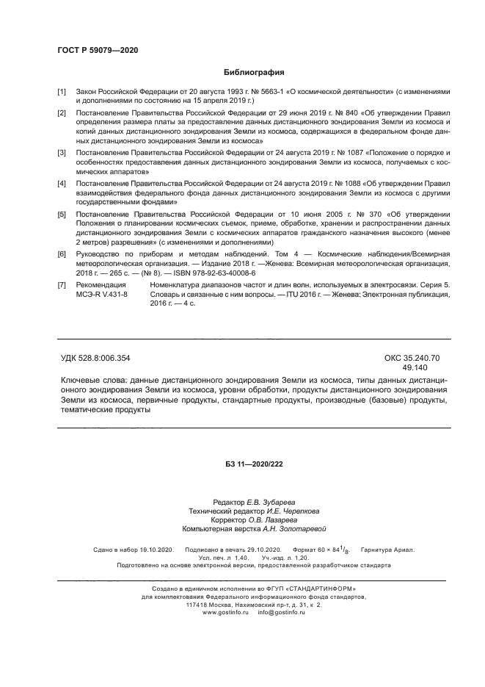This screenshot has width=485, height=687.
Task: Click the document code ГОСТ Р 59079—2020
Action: click(98, 49)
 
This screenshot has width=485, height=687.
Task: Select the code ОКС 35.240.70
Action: click(412, 358)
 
